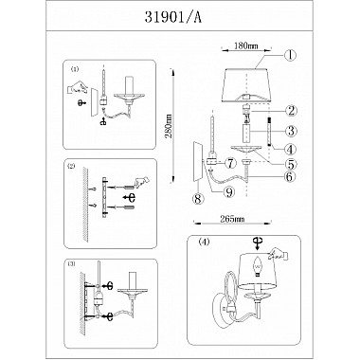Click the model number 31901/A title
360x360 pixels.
pyautogui.click(x=173, y=18)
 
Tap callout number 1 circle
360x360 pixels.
pyautogui.click(x=290, y=55)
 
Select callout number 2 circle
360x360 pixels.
pyautogui.click(x=291, y=111)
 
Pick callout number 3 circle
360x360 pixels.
pyautogui.click(x=291, y=131)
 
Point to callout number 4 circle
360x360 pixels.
pyautogui.click(x=291, y=149)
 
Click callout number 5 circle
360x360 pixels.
pyautogui.click(x=291, y=164)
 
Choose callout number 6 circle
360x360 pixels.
pyautogui.click(x=290, y=176)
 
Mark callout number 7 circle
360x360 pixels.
pyautogui.click(x=231, y=163)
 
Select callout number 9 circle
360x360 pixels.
pyautogui.click(x=229, y=191)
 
